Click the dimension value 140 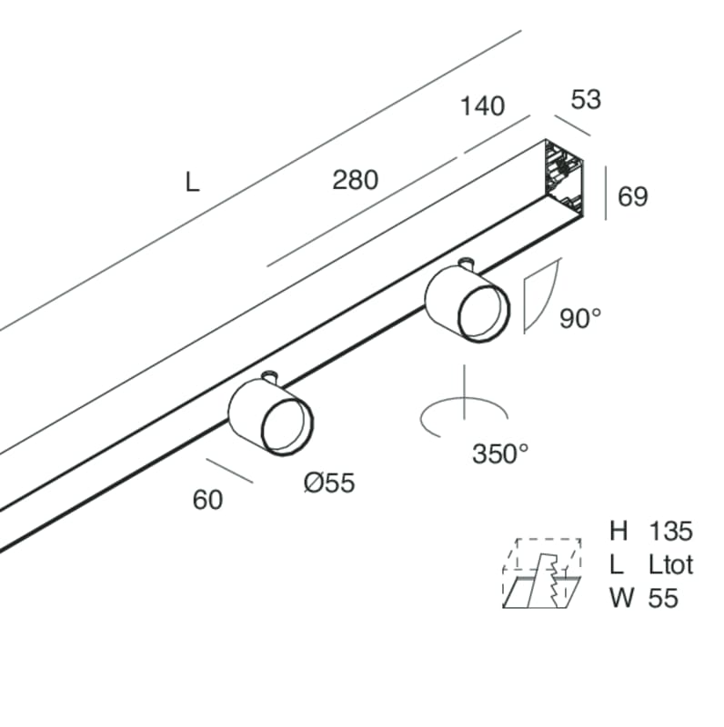click(x=482, y=106)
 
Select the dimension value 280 click(x=355, y=180)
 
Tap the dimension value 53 click(x=586, y=99)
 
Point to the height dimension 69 click(x=632, y=195)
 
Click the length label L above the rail click(x=192, y=183)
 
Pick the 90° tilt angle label click(x=580, y=319)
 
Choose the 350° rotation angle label click(x=500, y=453)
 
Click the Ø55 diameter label click(x=328, y=483)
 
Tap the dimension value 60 click(x=207, y=499)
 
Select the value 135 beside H click(x=671, y=532)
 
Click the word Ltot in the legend click(x=671, y=564)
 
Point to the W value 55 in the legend click(x=663, y=597)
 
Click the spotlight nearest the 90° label click(x=466, y=302)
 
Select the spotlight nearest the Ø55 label click(x=271, y=415)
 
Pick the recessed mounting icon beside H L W click(x=542, y=573)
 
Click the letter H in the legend click(x=618, y=532)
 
